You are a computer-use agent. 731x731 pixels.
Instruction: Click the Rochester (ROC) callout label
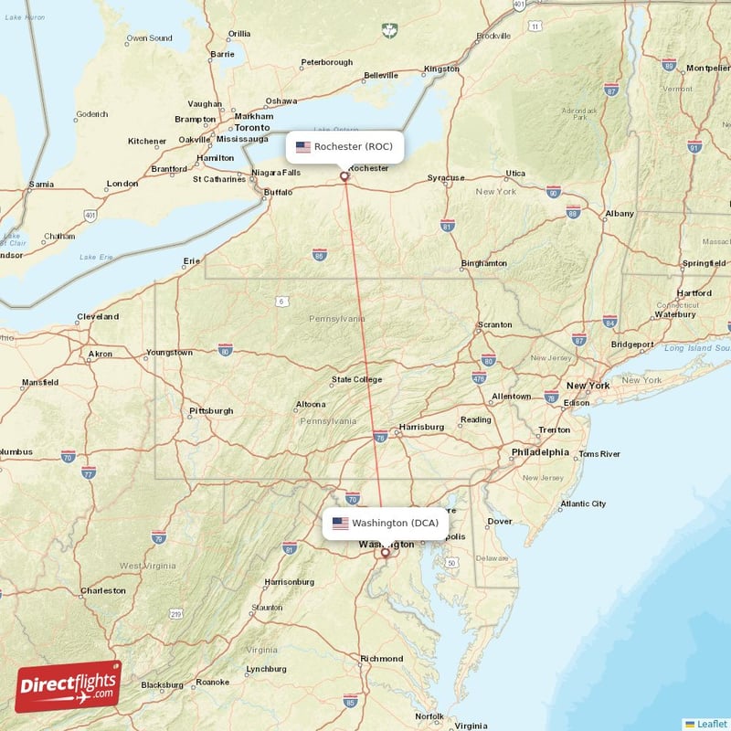[344, 146]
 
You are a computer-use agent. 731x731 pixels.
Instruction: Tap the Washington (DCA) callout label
[385, 524]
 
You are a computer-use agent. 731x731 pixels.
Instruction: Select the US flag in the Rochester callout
[303, 146]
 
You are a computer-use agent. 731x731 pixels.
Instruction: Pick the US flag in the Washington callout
[340, 524]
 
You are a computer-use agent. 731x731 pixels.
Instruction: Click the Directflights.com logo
[69, 686]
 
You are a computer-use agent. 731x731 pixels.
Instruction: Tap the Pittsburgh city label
[211, 411]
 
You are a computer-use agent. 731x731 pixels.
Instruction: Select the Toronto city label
[252, 128]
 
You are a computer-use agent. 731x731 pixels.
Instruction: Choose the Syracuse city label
[446, 178]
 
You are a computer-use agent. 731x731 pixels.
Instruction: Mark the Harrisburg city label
[422, 427]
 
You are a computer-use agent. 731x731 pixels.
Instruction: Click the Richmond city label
[382, 658]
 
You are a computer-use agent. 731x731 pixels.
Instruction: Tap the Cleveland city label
[98, 316]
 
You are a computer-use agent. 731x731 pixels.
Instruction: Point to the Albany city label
[620, 213]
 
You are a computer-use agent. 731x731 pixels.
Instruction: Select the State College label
[356, 379]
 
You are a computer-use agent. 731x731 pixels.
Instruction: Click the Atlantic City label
[583, 503]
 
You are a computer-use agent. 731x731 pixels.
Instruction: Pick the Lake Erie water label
[96, 258]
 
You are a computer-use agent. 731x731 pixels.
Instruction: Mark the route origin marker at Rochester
[344, 176]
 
